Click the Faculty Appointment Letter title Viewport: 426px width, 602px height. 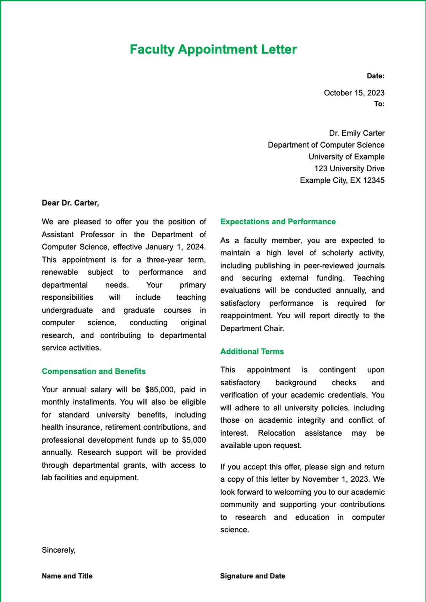coord(213,49)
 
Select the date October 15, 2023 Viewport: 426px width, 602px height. coord(354,93)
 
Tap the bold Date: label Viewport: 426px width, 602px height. coord(376,76)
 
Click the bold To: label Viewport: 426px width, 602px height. coord(379,104)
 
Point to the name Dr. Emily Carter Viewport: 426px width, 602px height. coord(356,133)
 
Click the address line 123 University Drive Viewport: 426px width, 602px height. coord(349,169)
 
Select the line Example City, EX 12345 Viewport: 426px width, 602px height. coord(342,180)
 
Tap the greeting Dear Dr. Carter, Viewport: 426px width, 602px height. coord(70,203)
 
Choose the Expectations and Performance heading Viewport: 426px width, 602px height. coord(278,222)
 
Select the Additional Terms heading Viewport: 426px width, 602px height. coord(252,352)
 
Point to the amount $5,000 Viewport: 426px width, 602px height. coord(193,440)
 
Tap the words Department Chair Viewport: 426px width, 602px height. coord(252,328)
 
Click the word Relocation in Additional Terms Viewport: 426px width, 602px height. coord(276,433)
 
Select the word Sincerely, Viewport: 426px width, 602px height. coord(59,550)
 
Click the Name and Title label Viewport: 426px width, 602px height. coord(67,576)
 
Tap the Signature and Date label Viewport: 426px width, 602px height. coord(252,576)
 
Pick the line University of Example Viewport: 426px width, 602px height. coord(346,157)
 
